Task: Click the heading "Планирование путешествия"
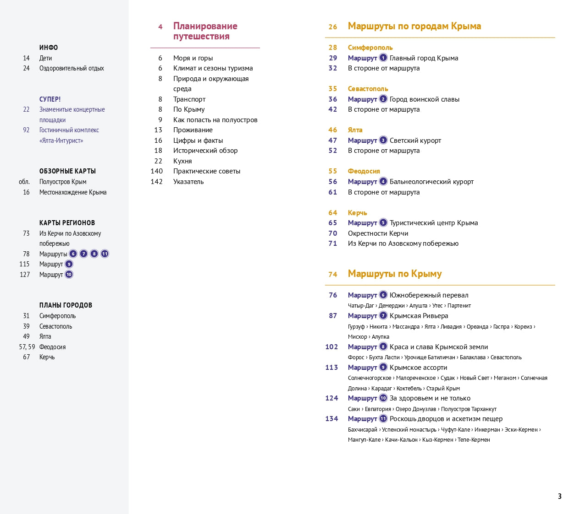[x=205, y=31]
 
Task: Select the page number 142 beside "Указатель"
[x=156, y=182]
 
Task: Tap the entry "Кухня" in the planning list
[x=182, y=161]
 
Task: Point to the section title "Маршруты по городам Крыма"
[x=414, y=26]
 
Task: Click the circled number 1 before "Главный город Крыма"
[x=383, y=58]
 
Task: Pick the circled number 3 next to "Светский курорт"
[x=383, y=140]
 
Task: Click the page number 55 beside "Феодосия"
[x=333, y=171]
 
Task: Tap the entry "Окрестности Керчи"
[x=378, y=233]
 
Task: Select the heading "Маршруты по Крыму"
[x=394, y=274]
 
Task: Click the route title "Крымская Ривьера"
[x=419, y=316]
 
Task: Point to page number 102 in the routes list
[x=331, y=347]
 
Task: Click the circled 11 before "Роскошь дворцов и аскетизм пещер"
[x=383, y=419]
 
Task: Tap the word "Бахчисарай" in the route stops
[x=362, y=430]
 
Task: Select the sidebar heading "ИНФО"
[x=49, y=48]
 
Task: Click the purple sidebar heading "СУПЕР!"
[x=50, y=99]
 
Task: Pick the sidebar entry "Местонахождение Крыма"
[x=73, y=192]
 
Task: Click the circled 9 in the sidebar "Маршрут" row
[x=69, y=264]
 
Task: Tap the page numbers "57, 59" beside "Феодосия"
[x=27, y=347]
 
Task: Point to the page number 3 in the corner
[x=559, y=496]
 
